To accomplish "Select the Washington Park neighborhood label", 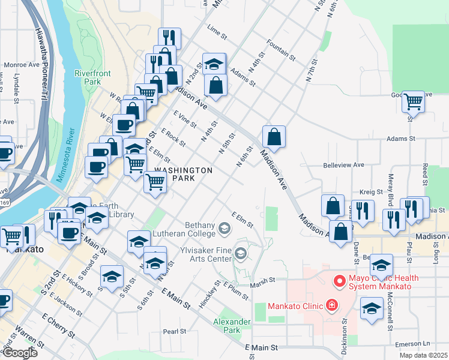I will (184, 174).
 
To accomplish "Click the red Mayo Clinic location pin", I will (339, 281).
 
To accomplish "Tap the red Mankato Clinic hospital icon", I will (331, 306).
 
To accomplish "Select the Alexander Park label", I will (232, 326).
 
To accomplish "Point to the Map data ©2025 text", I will (423, 355).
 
